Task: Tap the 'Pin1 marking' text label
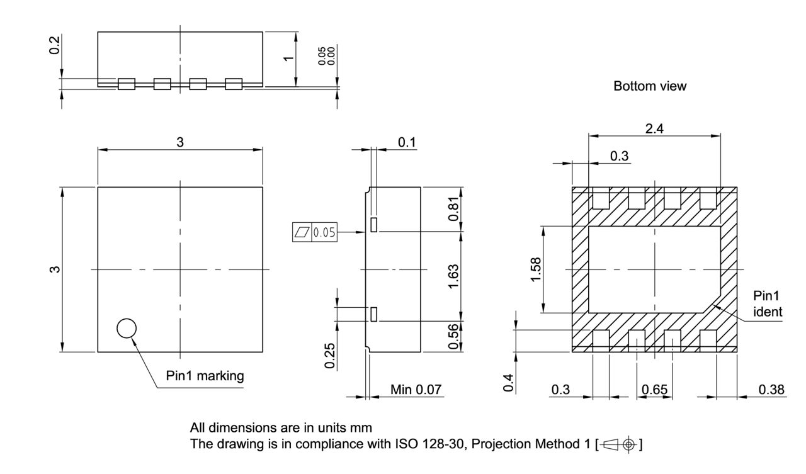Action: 205,376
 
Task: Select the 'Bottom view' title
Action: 650,87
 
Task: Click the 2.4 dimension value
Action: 654,128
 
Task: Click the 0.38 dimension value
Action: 771,390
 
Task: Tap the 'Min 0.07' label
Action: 416,390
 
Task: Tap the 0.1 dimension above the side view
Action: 407,143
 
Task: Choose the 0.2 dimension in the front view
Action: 55,45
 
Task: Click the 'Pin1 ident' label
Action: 768,303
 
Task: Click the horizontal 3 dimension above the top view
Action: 180,143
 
